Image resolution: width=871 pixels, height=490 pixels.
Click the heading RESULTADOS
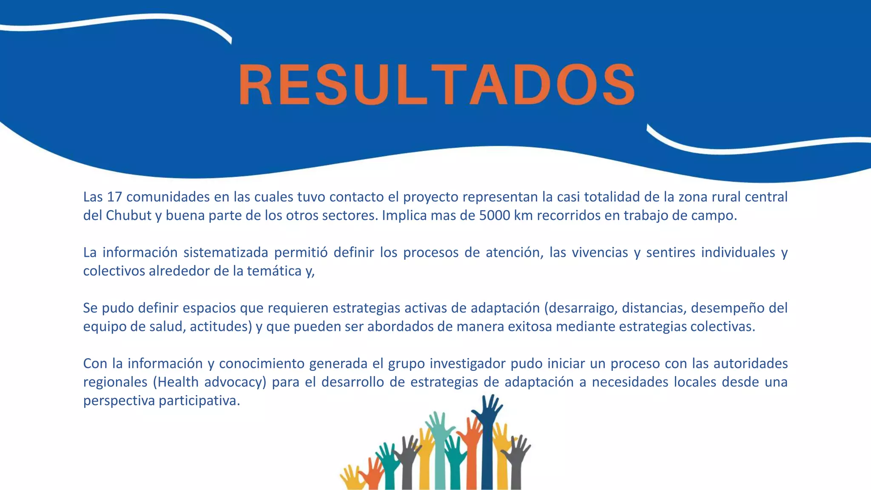[x=437, y=84]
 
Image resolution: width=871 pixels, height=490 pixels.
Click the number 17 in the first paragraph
[x=114, y=197]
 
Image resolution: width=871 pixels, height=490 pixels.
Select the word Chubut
[x=128, y=216]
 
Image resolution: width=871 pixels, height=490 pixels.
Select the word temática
[x=274, y=271]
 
